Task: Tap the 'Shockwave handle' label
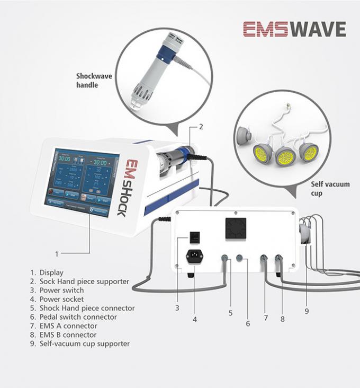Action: (x=94, y=80)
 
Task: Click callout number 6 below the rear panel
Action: (x=247, y=323)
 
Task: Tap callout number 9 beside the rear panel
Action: (x=306, y=311)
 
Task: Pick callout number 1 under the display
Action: (x=57, y=253)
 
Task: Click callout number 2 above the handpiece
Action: (x=201, y=126)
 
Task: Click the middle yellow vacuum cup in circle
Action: (x=284, y=156)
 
